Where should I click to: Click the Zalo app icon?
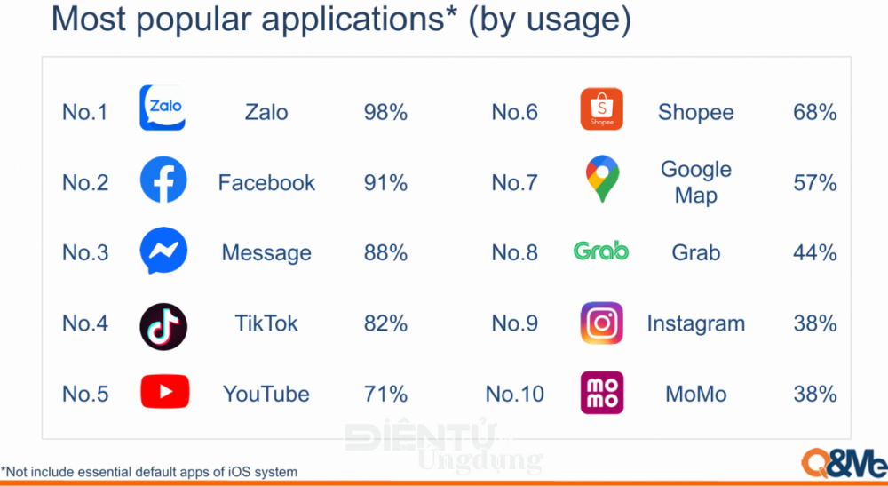[x=163, y=108]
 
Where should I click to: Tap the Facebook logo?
[x=163, y=180]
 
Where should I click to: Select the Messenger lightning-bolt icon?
[x=163, y=251]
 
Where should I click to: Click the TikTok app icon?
[x=163, y=326]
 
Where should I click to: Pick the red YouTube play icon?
[x=165, y=392]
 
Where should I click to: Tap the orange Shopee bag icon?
[x=601, y=108]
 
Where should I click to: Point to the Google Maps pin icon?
[x=602, y=179]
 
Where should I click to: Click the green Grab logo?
[x=601, y=251]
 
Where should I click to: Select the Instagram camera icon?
[x=601, y=323]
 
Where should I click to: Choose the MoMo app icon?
[x=602, y=393]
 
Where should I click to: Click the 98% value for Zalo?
[x=385, y=112]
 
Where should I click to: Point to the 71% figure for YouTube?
[x=385, y=394]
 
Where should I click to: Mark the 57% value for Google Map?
[x=815, y=182]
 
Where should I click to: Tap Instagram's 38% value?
[x=815, y=323]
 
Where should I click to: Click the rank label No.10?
[x=515, y=394]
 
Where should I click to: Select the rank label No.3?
[x=85, y=253]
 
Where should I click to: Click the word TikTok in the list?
[x=266, y=323]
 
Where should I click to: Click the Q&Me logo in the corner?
[x=844, y=462]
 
